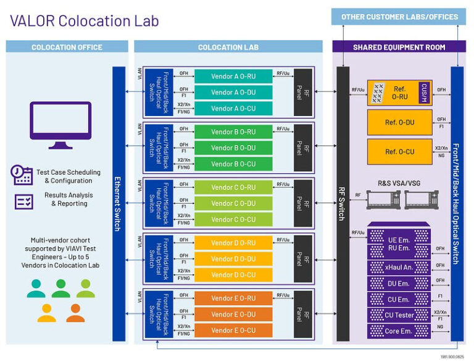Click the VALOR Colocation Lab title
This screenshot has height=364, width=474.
[84, 20]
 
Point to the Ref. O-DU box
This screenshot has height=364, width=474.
[399, 122]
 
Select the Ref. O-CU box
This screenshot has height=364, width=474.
[399, 151]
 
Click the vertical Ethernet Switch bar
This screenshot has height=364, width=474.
[118, 204]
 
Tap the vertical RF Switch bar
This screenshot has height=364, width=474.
[343, 204]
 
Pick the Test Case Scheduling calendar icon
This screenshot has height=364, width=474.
[23, 175]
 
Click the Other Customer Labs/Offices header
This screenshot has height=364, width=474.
[399, 17]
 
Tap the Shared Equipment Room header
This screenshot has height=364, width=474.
[399, 47]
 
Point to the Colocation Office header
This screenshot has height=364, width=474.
[67, 47]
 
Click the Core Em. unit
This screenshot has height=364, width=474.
[398, 331]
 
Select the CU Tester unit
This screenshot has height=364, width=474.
[398, 315]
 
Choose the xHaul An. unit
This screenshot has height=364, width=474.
[398, 267]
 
